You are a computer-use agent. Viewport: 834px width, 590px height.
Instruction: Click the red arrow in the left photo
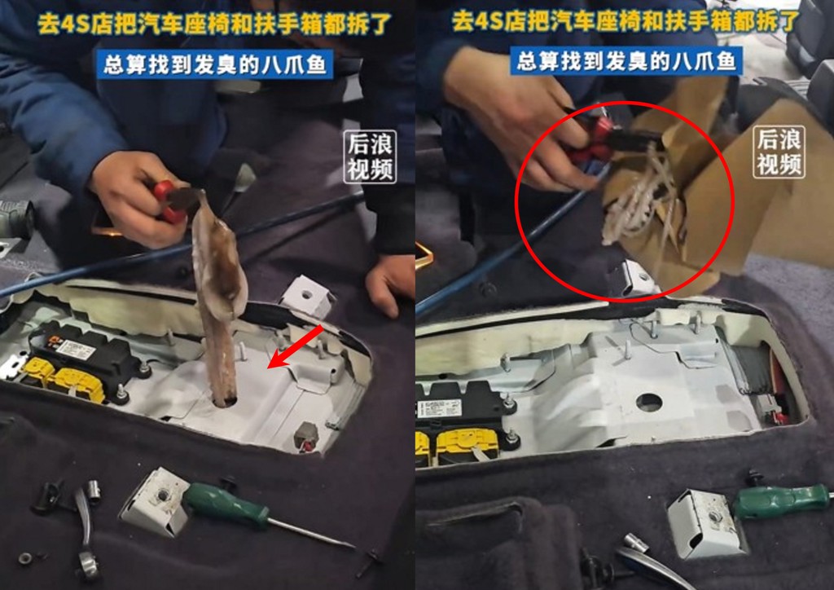(x=295, y=346)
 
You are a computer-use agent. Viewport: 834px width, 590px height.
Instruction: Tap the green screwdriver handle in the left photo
(x=226, y=505)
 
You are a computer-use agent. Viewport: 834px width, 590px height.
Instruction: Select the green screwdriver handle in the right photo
(x=777, y=502)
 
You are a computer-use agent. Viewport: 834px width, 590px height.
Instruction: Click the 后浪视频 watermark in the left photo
(x=370, y=157)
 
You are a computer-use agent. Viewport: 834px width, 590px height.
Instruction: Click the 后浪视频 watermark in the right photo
(x=779, y=152)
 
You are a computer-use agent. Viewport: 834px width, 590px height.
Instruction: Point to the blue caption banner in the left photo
(x=215, y=64)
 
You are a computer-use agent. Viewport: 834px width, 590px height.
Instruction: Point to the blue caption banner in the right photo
(x=626, y=60)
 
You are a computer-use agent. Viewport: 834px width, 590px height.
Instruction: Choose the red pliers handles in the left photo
(x=167, y=201)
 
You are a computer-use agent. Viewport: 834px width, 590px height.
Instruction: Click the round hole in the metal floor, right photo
(x=649, y=403)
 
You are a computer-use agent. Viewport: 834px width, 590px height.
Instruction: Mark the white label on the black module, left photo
(x=76, y=350)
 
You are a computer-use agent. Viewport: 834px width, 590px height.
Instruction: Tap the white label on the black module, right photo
(x=439, y=408)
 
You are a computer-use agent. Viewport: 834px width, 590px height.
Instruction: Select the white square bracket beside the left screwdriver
(x=154, y=501)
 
